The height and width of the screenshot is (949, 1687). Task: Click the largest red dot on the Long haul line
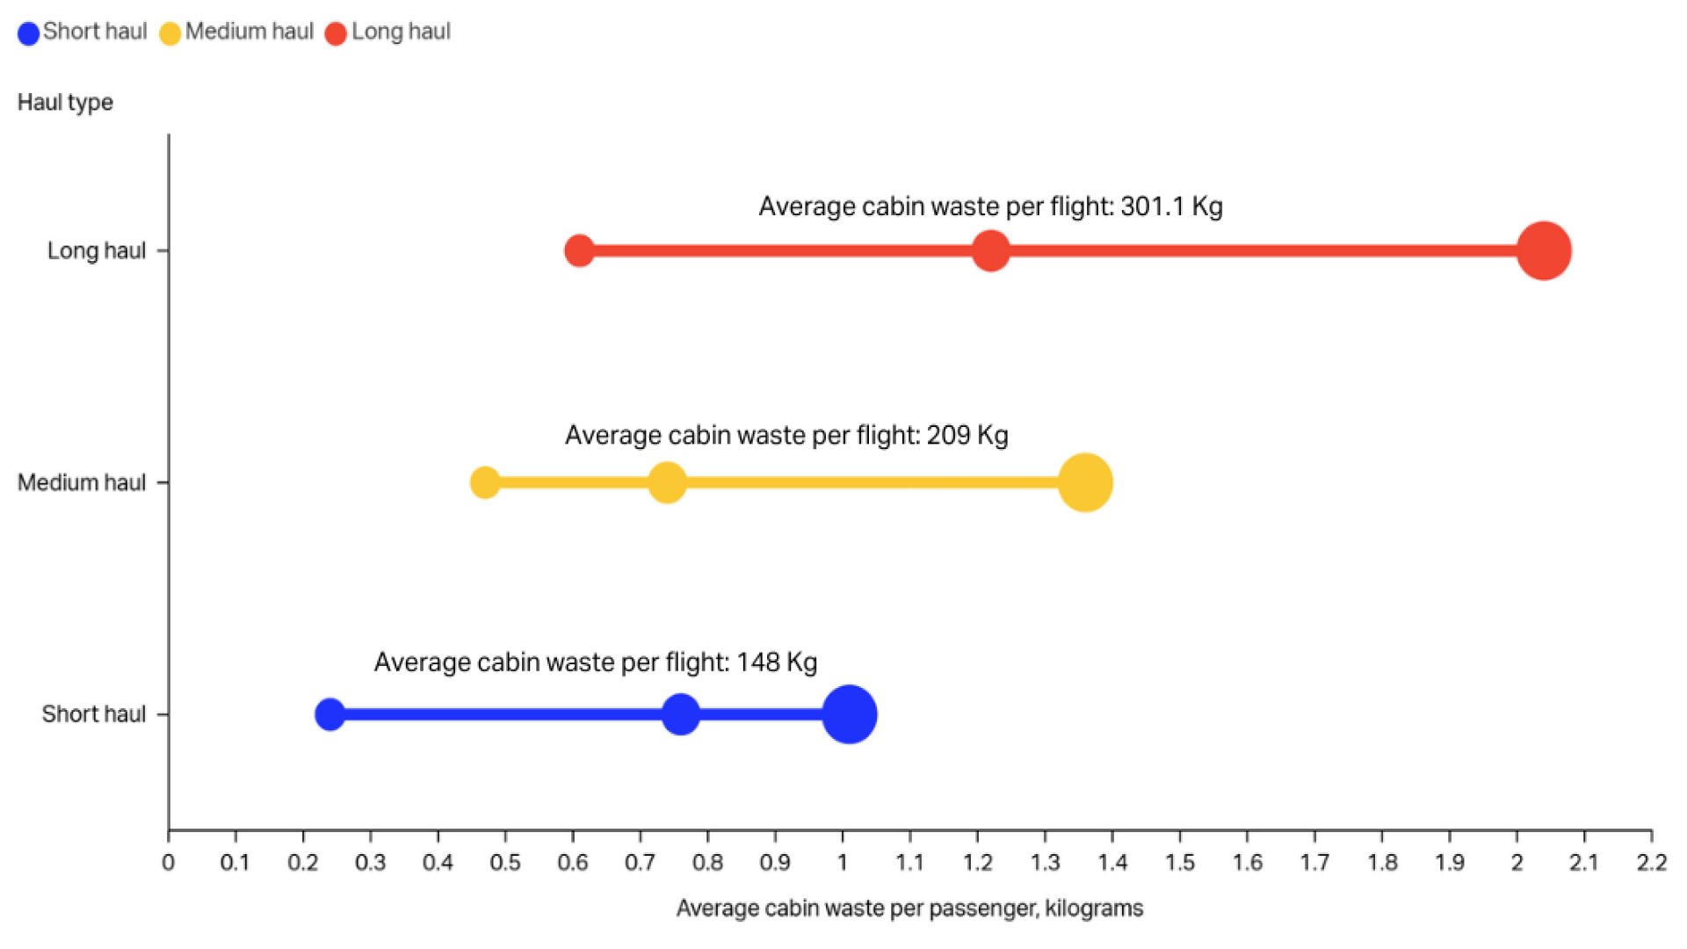pyautogui.click(x=1543, y=251)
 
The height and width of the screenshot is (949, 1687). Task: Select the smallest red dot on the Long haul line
pyautogui.click(x=579, y=250)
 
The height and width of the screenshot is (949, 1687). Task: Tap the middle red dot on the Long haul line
pyautogui.click(x=990, y=250)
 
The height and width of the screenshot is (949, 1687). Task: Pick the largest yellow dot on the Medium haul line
pyautogui.click(x=1085, y=482)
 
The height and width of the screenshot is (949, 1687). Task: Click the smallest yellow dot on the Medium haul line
pyautogui.click(x=485, y=482)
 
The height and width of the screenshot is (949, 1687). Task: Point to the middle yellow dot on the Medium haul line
pyautogui.click(x=667, y=482)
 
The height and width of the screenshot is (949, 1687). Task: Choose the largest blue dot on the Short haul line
pyautogui.click(x=849, y=714)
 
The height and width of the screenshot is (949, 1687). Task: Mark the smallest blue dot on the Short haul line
pyautogui.click(x=329, y=714)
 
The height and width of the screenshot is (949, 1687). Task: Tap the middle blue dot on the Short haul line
pyautogui.click(x=680, y=714)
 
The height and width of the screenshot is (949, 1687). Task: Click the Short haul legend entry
pyautogui.click(x=83, y=33)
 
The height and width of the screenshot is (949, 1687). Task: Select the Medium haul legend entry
pyautogui.click(x=237, y=33)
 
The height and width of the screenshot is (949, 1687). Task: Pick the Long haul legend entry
pyautogui.click(x=388, y=33)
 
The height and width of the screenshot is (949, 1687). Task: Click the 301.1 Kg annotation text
pyautogui.click(x=990, y=206)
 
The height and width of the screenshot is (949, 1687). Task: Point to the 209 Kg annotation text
pyautogui.click(x=786, y=435)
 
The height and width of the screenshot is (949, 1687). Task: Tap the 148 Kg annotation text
pyautogui.click(x=596, y=662)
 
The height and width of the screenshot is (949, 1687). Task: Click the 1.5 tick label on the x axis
pyautogui.click(x=1179, y=863)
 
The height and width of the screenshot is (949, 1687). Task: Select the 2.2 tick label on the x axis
pyautogui.click(x=1651, y=863)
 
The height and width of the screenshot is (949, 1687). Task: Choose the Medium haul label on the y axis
pyautogui.click(x=82, y=482)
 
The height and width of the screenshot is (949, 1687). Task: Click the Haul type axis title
pyautogui.click(x=65, y=103)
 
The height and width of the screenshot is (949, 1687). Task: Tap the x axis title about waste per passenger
pyautogui.click(x=909, y=909)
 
